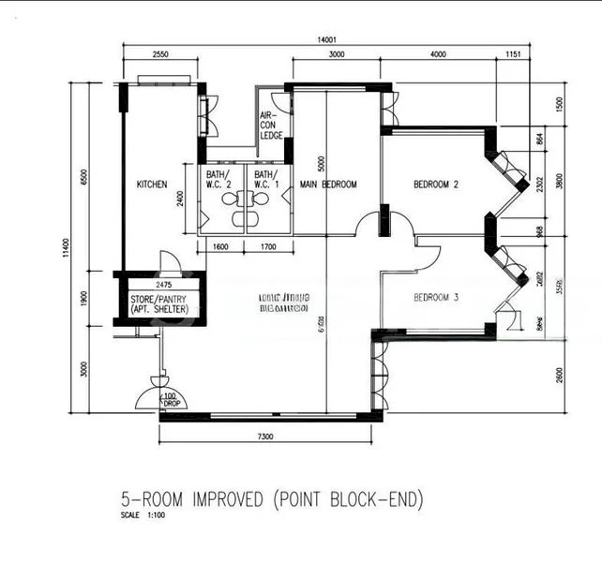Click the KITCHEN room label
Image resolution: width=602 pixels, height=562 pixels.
pyautogui.click(x=151, y=185)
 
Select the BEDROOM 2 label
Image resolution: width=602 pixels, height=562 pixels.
pyautogui.click(x=436, y=185)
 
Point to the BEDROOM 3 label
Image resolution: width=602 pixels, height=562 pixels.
pyautogui.click(x=436, y=298)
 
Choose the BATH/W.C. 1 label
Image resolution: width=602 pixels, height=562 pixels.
pyautogui.click(x=266, y=179)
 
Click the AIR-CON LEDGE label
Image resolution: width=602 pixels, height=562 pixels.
pyautogui.click(x=271, y=126)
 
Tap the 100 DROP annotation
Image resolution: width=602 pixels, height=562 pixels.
pyautogui.click(x=170, y=401)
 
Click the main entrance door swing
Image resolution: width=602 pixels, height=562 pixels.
pyautogui.click(x=150, y=393)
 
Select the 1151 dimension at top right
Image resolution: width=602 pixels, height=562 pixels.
pyautogui.click(x=511, y=55)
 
